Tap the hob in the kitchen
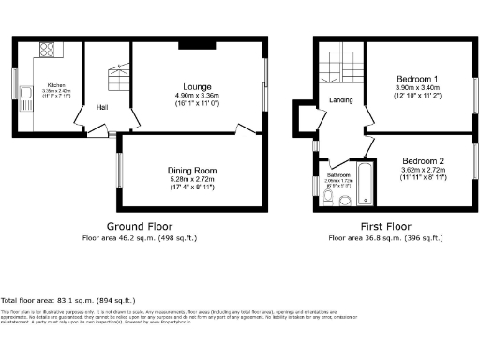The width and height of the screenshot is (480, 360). [45, 50]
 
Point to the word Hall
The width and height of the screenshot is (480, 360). [101, 107]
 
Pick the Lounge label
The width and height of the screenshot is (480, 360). [196, 85]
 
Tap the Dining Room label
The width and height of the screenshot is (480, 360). [192, 171]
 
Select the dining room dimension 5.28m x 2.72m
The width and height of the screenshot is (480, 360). [192, 180]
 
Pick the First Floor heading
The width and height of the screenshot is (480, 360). [386, 227]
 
